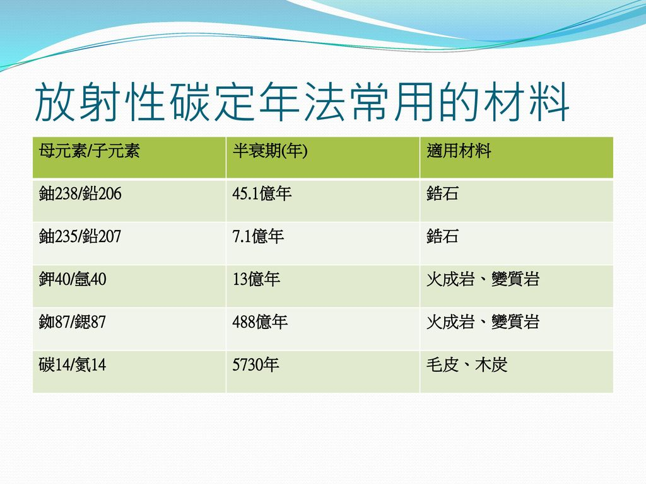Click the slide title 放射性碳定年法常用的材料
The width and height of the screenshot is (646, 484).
pyautogui.click(x=302, y=101)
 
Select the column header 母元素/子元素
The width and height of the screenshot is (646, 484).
pyautogui.click(x=90, y=151)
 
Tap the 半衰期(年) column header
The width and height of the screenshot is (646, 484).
pyautogui.click(x=270, y=151)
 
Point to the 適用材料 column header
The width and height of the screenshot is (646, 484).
pyautogui.click(x=459, y=151)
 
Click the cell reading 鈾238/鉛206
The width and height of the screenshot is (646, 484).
pyautogui.click(x=80, y=193)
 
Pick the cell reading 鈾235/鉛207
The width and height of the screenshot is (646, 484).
pyautogui.click(x=80, y=236)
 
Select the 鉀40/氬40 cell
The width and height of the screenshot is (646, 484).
pyautogui.click(x=73, y=279)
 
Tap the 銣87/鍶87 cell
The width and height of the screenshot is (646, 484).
pyautogui.click(x=73, y=322)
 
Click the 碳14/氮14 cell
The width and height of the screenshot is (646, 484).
pyautogui.click(x=73, y=365)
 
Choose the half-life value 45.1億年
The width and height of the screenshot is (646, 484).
pyautogui.click(x=262, y=193)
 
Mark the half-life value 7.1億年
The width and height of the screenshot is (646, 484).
pyautogui.click(x=258, y=236)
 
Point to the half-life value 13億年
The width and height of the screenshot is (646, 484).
pyautogui.click(x=256, y=279)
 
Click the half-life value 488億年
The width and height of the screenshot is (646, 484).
pyautogui.click(x=260, y=322)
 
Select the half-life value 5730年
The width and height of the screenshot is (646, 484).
pyautogui.click(x=256, y=365)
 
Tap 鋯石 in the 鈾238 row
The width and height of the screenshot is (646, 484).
pyautogui.click(x=442, y=193)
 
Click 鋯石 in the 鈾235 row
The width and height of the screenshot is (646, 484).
pyautogui.click(x=442, y=236)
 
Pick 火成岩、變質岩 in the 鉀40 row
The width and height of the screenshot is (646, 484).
pyautogui.click(x=483, y=279)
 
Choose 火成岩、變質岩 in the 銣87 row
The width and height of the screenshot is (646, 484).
pyautogui.click(x=483, y=322)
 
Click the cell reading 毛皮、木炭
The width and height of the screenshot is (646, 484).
pyautogui.click(x=467, y=365)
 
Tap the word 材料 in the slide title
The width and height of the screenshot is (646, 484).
pyautogui.click(x=526, y=101)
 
